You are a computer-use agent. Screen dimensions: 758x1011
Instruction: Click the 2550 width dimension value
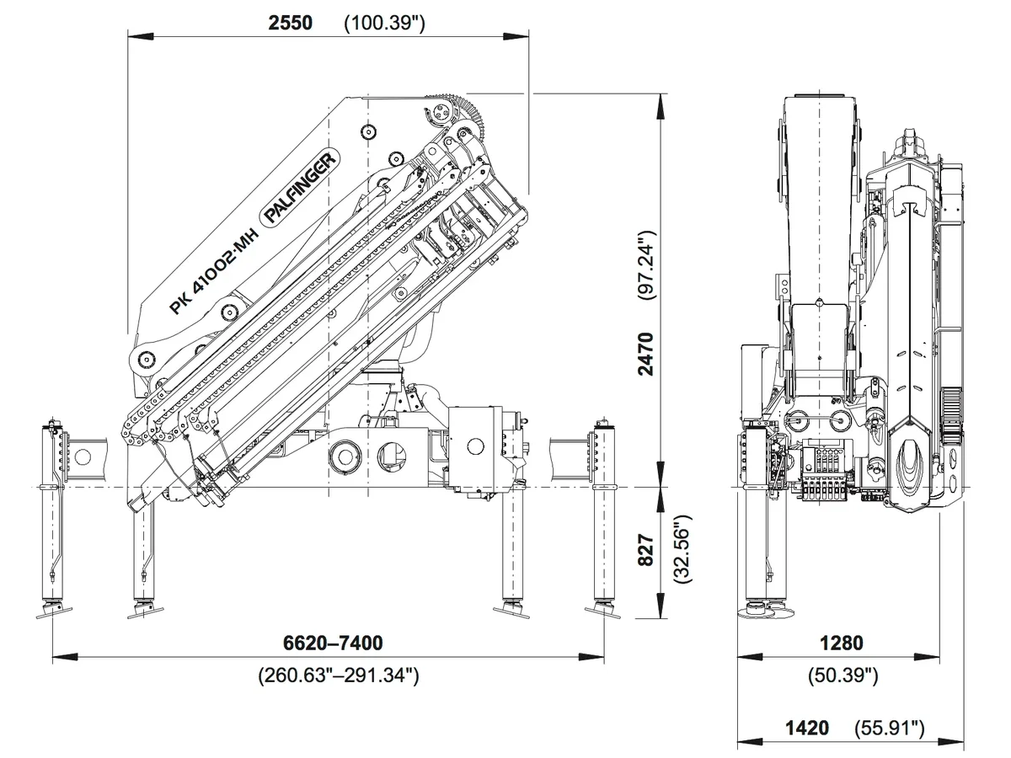pyautogui.click(x=290, y=23)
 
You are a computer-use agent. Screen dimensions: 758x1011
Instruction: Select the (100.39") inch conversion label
pyautogui.click(x=384, y=23)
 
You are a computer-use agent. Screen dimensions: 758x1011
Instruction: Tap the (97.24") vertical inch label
pyautogui.click(x=645, y=264)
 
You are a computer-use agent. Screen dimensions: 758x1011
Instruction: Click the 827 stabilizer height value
pyautogui.click(x=646, y=552)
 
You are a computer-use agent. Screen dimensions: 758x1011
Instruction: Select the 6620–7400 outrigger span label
pyautogui.click(x=332, y=643)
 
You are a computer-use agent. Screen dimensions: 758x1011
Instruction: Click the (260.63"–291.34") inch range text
pyautogui.click(x=338, y=674)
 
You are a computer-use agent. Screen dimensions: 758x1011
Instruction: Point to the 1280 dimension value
pyautogui.click(x=841, y=643)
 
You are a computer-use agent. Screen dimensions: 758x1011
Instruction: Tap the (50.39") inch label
pyautogui.click(x=842, y=674)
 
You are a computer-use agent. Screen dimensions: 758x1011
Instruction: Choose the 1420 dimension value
pyautogui.click(x=806, y=728)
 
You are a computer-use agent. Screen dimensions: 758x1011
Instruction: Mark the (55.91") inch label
pyautogui.click(x=890, y=728)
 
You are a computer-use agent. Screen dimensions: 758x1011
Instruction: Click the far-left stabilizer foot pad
pyautogui.click(x=54, y=611)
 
